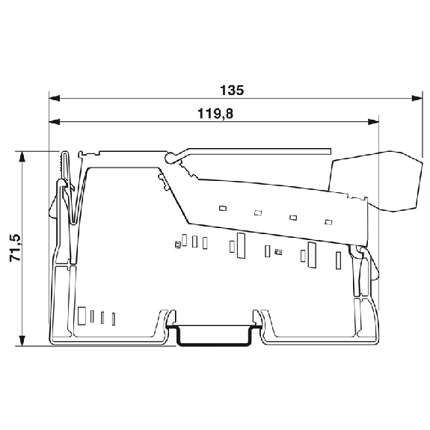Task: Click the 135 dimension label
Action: [232, 90]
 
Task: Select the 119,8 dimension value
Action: [215, 114]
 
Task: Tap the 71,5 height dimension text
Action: [15, 248]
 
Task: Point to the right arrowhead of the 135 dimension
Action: [417, 98]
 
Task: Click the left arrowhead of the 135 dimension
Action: [55, 98]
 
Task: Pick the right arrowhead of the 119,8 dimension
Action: [373, 122]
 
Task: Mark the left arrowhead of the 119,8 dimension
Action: [55, 122]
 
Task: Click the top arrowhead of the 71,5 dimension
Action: [22, 156]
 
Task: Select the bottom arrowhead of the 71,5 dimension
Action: [22, 340]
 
